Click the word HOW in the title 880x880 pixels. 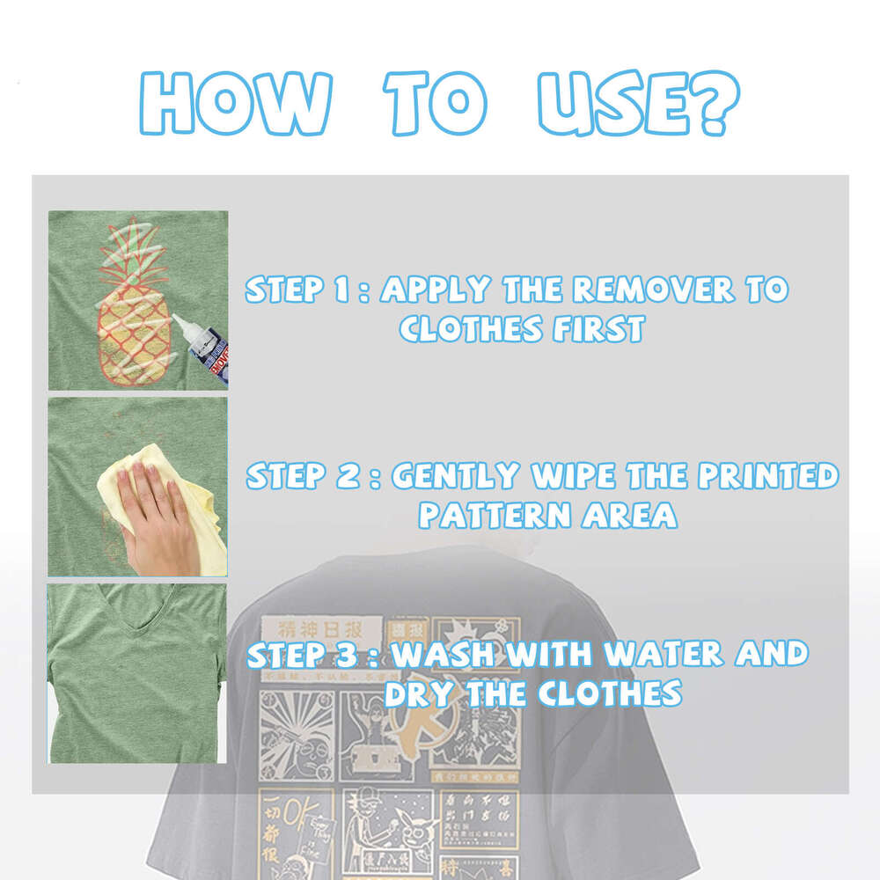coord(236,104)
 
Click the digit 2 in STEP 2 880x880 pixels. coord(348,477)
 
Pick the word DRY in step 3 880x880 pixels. coord(418,693)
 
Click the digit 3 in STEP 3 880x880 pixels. coord(348,655)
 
